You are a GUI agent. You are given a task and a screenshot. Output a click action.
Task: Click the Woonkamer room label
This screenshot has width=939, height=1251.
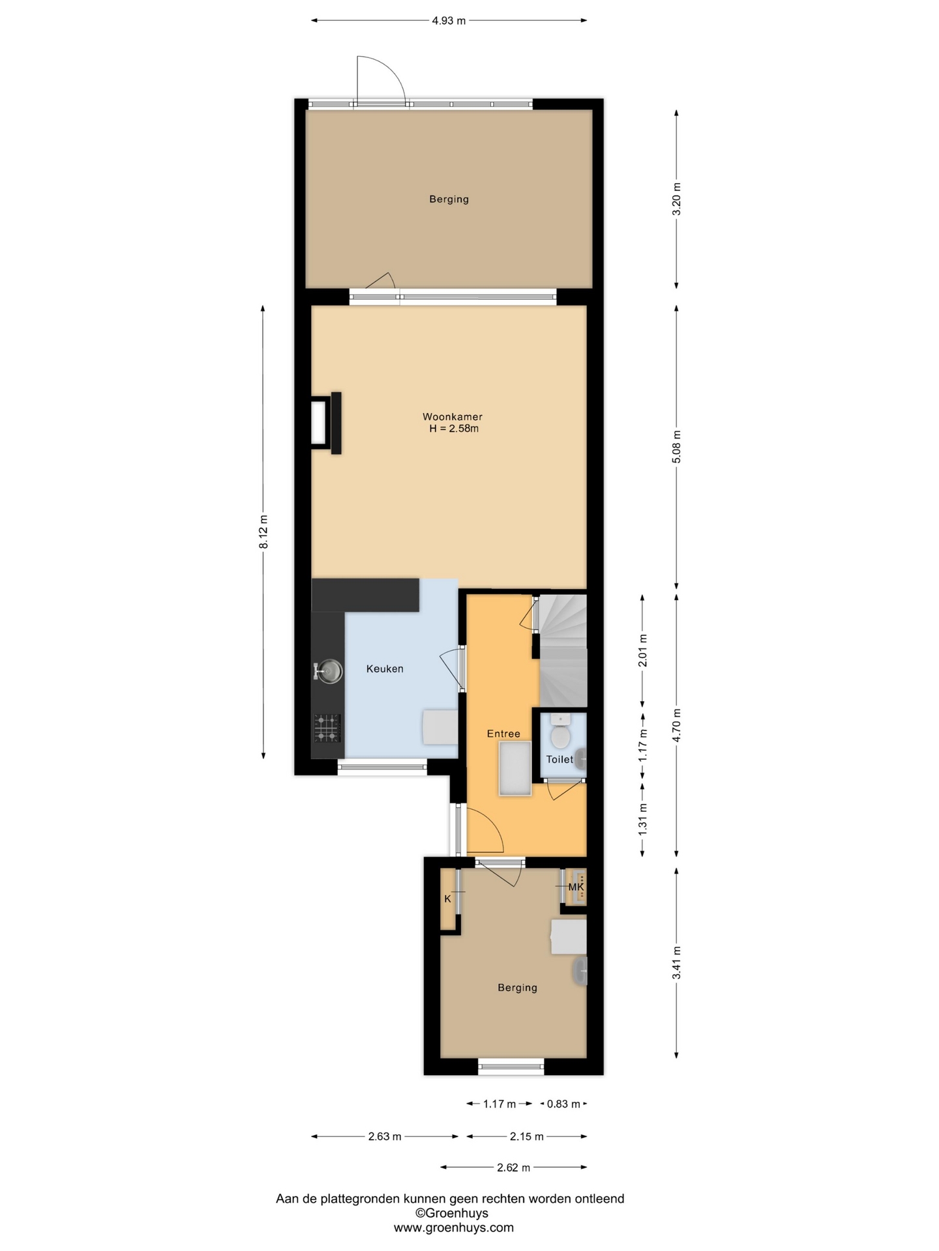point(453,417)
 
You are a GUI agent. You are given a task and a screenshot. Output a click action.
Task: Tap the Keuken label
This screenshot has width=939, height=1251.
point(385,669)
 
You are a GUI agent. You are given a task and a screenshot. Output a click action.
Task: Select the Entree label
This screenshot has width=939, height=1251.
point(503,734)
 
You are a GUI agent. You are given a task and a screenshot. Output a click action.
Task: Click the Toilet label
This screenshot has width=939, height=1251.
point(559,759)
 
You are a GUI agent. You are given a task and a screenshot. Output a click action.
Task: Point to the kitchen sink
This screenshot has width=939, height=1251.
point(329,670)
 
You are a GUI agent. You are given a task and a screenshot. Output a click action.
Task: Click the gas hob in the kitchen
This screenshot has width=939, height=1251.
point(327,728)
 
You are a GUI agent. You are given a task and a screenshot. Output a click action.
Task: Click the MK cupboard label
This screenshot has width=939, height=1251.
point(576,887)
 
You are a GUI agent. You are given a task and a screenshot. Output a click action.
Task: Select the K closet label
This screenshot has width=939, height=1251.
point(447,899)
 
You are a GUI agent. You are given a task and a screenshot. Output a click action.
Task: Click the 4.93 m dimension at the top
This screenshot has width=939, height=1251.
point(449,21)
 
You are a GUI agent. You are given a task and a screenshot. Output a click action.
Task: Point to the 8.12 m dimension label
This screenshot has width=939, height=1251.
point(263,532)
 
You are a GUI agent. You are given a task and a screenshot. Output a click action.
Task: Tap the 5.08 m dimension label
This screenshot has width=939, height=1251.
point(676,447)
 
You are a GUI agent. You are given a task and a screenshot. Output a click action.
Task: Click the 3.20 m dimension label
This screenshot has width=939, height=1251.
point(676,199)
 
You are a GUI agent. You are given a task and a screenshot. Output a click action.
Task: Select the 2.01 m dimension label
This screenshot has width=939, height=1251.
point(642,650)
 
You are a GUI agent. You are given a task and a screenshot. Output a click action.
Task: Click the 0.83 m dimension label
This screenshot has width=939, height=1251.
point(563,1104)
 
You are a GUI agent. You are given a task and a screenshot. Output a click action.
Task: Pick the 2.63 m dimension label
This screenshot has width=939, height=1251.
point(385,1136)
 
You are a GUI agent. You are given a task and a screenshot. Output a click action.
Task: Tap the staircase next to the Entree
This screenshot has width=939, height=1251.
point(563,650)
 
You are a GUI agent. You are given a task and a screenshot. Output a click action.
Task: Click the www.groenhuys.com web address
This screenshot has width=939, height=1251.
point(453,1228)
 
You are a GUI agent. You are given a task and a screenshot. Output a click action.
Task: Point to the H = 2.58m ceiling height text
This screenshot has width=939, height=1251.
point(454,429)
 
